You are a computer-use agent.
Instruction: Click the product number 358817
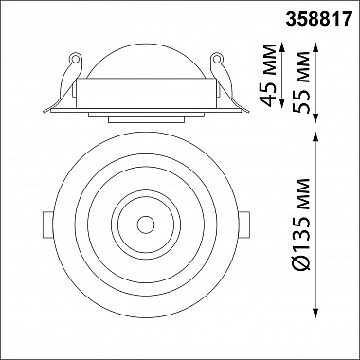tap(318, 19)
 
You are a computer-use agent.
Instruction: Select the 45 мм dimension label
tap(267, 75)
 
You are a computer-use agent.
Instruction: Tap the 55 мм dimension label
tap(300, 81)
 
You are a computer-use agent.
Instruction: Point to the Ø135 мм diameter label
tap(300, 225)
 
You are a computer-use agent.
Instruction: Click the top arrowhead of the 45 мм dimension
tap(282, 47)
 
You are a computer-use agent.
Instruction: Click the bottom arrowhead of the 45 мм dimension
tap(282, 103)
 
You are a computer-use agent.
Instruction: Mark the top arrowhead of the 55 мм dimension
tap(315, 47)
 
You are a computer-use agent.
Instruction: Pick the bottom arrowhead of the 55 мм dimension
tap(315, 118)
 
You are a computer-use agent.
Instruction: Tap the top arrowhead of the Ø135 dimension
tap(315, 136)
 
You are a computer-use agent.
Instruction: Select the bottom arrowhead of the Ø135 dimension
tap(315, 314)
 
